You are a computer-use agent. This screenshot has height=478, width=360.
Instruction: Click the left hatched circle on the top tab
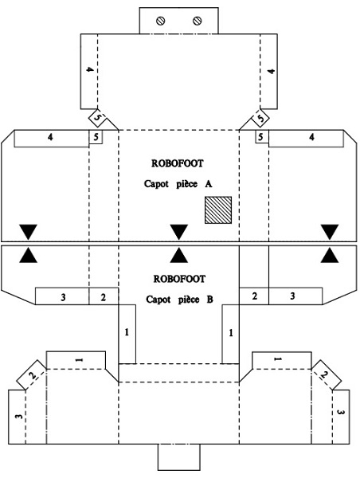(161, 21)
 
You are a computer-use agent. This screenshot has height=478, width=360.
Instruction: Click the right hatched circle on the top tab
(198, 21)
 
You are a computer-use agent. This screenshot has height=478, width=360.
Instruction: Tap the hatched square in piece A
(218, 210)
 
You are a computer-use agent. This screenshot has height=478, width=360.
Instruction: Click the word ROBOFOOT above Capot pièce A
(177, 163)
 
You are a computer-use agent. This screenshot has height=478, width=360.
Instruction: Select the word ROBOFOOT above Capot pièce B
(179, 279)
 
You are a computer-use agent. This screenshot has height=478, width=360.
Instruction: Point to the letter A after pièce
(209, 184)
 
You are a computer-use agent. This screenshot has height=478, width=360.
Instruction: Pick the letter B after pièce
(209, 300)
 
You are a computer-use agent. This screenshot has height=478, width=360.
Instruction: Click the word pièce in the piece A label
(187, 184)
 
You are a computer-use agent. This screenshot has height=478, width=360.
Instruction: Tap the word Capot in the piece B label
(158, 300)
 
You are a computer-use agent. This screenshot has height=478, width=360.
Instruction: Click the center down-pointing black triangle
(179, 232)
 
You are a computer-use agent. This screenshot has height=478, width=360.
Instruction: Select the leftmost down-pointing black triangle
(29, 232)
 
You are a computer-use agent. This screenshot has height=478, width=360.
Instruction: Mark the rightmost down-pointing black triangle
(330, 232)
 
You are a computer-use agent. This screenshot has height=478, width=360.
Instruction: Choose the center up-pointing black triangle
(179, 255)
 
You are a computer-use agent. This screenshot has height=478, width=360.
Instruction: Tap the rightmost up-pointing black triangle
(330, 255)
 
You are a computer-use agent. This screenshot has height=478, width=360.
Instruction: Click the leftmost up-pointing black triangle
(29, 255)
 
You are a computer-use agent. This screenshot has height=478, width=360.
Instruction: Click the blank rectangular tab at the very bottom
(179, 457)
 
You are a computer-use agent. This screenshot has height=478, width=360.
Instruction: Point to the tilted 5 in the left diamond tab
(97, 118)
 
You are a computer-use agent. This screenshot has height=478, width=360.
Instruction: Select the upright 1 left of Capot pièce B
(127, 332)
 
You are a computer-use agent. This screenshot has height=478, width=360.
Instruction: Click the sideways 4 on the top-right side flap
(271, 72)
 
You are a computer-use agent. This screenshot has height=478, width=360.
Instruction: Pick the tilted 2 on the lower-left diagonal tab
(33, 375)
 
